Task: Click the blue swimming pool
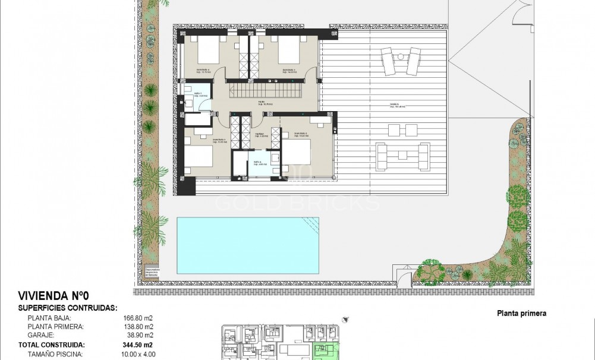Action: (247, 245)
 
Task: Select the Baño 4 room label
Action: (259, 163)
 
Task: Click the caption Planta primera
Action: (521, 314)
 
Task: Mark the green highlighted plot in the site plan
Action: (323, 350)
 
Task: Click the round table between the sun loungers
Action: (401, 57)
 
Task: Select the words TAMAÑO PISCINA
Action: (57, 354)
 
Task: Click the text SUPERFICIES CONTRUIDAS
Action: (68, 308)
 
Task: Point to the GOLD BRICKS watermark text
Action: (297, 203)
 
